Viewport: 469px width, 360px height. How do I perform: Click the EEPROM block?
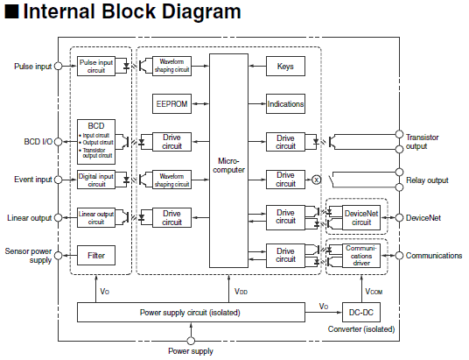[171, 103]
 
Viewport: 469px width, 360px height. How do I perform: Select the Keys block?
[285, 66]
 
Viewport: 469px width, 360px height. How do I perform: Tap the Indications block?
[285, 103]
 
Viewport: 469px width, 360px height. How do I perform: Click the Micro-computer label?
[228, 166]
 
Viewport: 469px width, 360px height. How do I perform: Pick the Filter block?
[96, 255]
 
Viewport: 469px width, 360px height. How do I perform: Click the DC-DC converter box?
[361, 313]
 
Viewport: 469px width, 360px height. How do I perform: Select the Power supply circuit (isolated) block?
[191, 313]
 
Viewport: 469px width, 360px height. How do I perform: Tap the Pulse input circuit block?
[96, 66]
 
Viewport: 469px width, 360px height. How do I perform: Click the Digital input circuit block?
[96, 180]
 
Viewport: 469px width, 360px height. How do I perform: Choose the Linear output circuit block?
[96, 217]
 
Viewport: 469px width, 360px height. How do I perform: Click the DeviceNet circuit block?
[361, 217]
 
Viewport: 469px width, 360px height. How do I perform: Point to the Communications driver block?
[361, 256]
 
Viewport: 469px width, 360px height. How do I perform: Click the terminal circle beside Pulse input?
[58, 66]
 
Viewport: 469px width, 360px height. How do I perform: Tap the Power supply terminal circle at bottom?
[191, 341]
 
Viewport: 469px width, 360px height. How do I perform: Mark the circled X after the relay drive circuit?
[316, 180]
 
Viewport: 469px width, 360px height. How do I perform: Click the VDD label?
[241, 291]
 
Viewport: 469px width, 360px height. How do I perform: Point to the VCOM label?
[374, 291]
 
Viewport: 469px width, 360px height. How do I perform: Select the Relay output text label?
[427, 180]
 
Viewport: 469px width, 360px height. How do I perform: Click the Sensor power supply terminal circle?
[58, 256]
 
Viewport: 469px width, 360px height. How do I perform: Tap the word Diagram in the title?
[201, 11]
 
